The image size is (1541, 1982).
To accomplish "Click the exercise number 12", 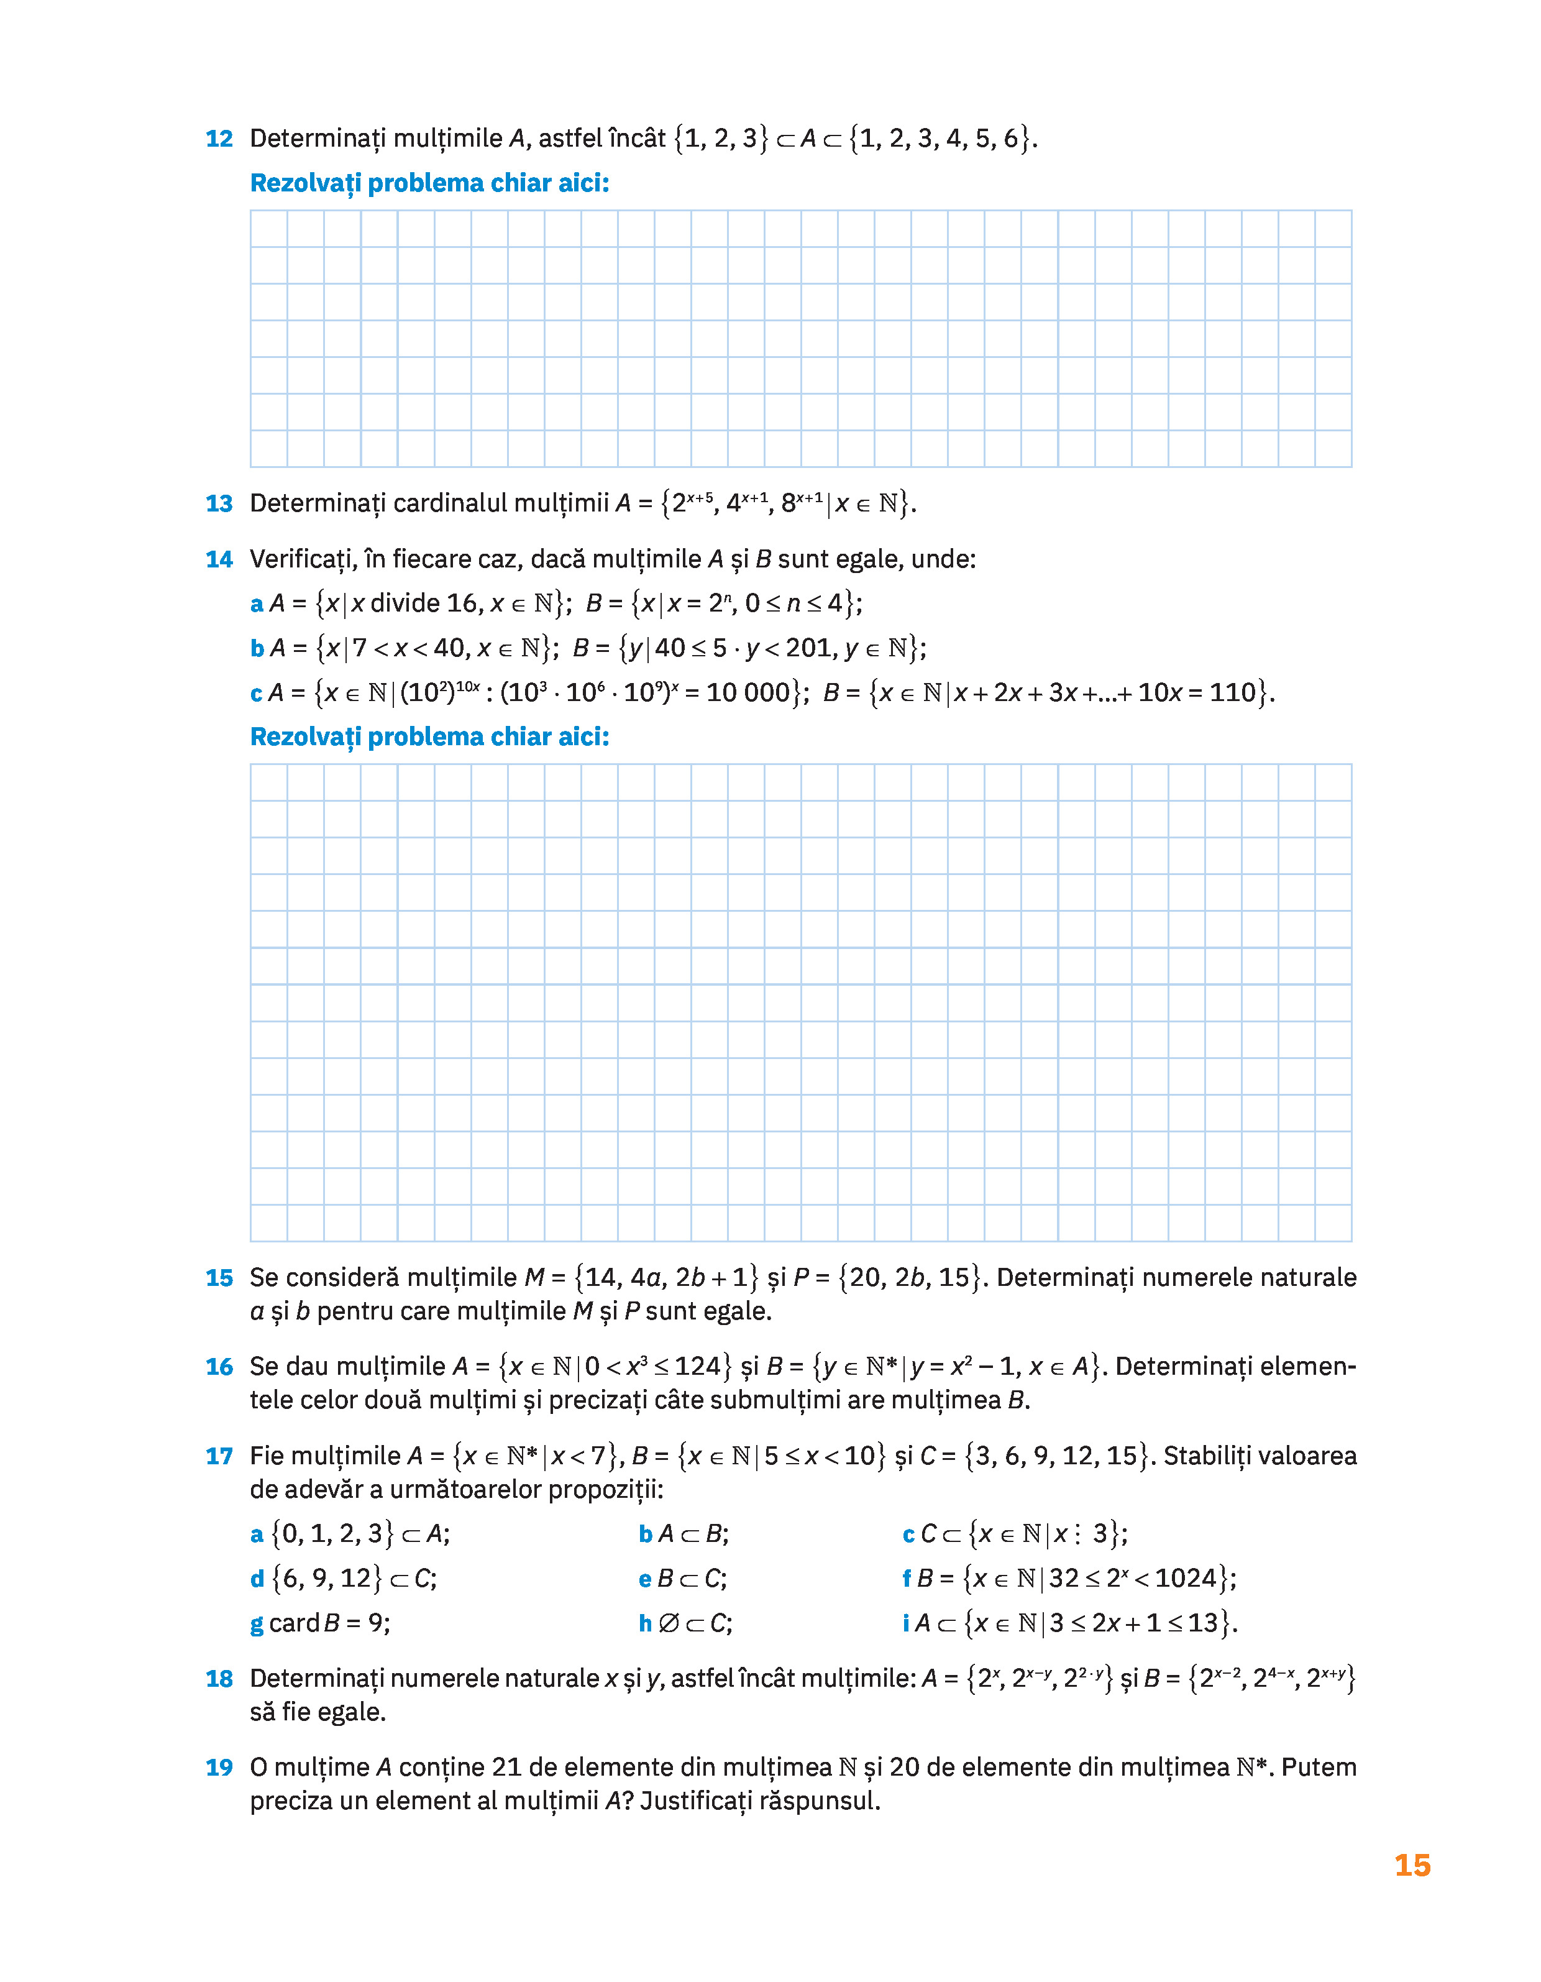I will click(x=219, y=139).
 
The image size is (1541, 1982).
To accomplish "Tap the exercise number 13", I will click(x=219, y=503).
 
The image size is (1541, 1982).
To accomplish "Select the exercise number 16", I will click(x=219, y=1367).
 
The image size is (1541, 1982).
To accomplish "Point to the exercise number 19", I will click(x=219, y=1768).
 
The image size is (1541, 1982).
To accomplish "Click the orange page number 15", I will click(x=1412, y=1866).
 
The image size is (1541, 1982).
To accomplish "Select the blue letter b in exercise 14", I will click(x=257, y=649).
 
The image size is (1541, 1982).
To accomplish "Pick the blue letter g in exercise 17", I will click(x=257, y=1623).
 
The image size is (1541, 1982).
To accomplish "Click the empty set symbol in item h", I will click(x=668, y=1623).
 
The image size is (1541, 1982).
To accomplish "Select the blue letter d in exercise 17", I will click(x=257, y=1579).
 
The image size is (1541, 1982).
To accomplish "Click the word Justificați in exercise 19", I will click(x=696, y=1801).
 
